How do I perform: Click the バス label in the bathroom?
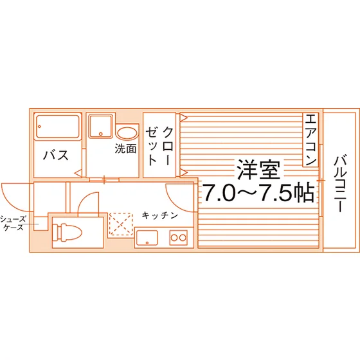[x=56, y=155]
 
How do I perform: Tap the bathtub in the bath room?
[x=58, y=127]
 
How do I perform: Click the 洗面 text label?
[x=125, y=148]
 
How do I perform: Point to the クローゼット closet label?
[x=159, y=146]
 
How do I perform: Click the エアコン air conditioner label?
[x=310, y=139]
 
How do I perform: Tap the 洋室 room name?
[x=258, y=170]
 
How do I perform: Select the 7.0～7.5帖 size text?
[x=258, y=192]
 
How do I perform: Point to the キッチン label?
[x=160, y=215]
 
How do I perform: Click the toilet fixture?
[x=67, y=233]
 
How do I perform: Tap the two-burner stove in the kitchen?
[x=179, y=237]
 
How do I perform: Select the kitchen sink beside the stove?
[x=147, y=238]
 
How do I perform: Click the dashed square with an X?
[x=121, y=224]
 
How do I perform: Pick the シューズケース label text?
[x=13, y=223]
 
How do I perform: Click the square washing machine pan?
[x=101, y=127]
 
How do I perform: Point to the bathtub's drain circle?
[x=39, y=127]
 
